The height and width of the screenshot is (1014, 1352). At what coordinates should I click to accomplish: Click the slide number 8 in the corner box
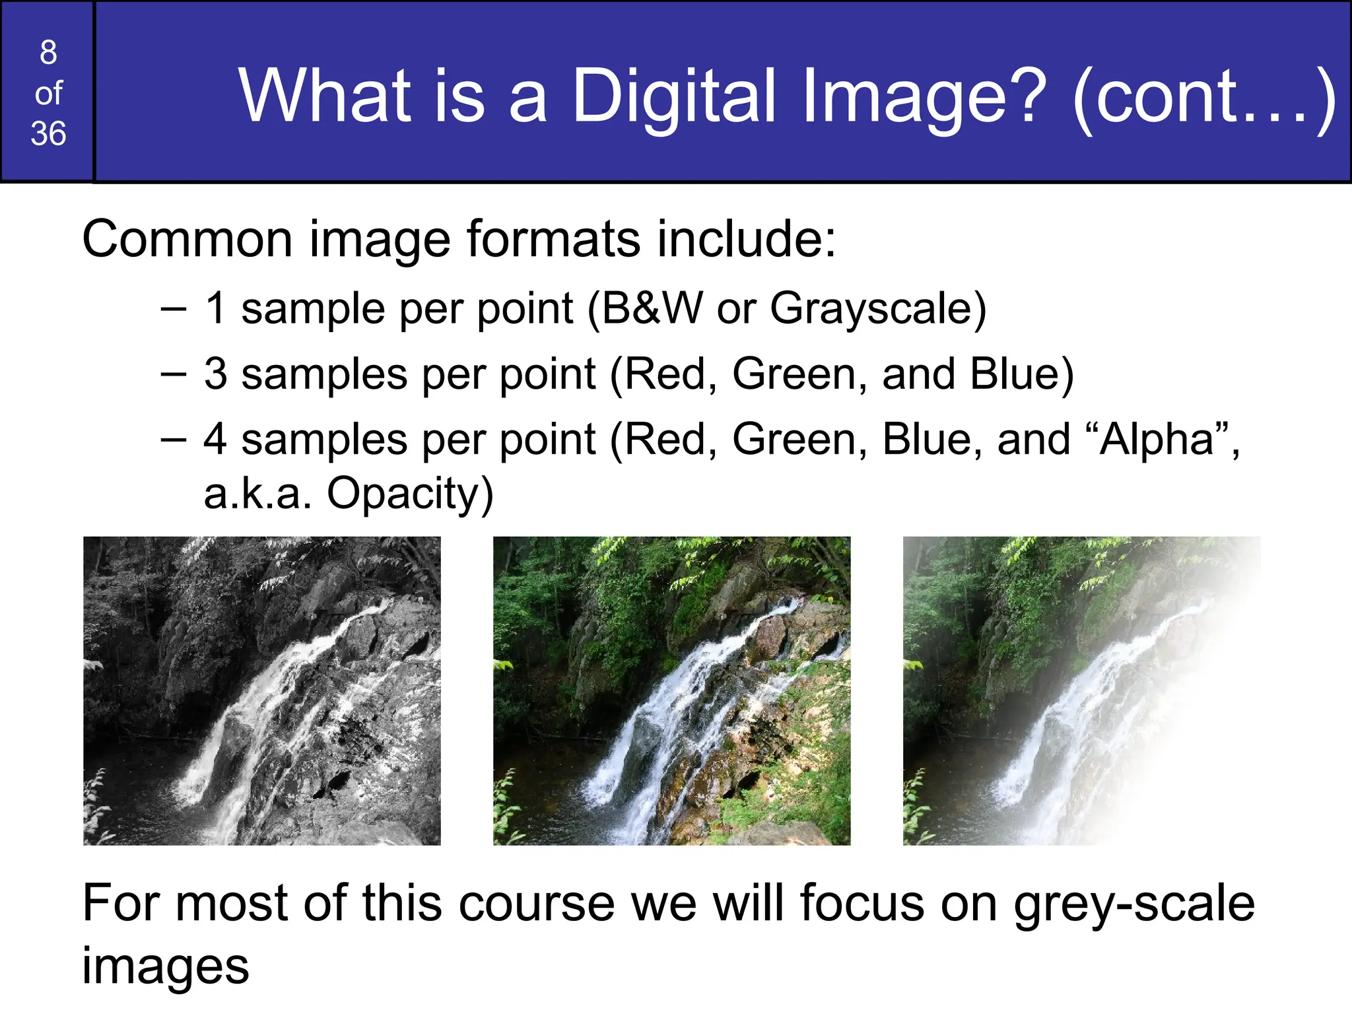[48, 52]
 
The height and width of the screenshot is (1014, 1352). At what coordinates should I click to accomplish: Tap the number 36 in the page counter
[48, 134]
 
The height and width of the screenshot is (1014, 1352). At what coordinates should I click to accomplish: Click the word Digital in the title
[674, 98]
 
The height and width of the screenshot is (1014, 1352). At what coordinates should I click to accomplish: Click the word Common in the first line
[187, 239]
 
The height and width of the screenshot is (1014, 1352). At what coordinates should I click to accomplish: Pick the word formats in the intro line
[553, 239]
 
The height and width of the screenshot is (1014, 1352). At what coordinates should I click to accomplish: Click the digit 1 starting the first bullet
[216, 308]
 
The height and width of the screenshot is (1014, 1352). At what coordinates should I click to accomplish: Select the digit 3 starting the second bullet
[216, 374]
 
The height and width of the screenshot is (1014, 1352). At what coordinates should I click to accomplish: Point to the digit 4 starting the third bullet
[216, 440]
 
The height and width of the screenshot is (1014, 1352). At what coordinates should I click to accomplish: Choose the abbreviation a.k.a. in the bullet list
[257, 494]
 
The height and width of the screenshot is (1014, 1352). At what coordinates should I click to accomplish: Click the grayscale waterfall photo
[261, 691]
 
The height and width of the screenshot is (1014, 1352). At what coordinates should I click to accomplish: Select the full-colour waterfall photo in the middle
[671, 691]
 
